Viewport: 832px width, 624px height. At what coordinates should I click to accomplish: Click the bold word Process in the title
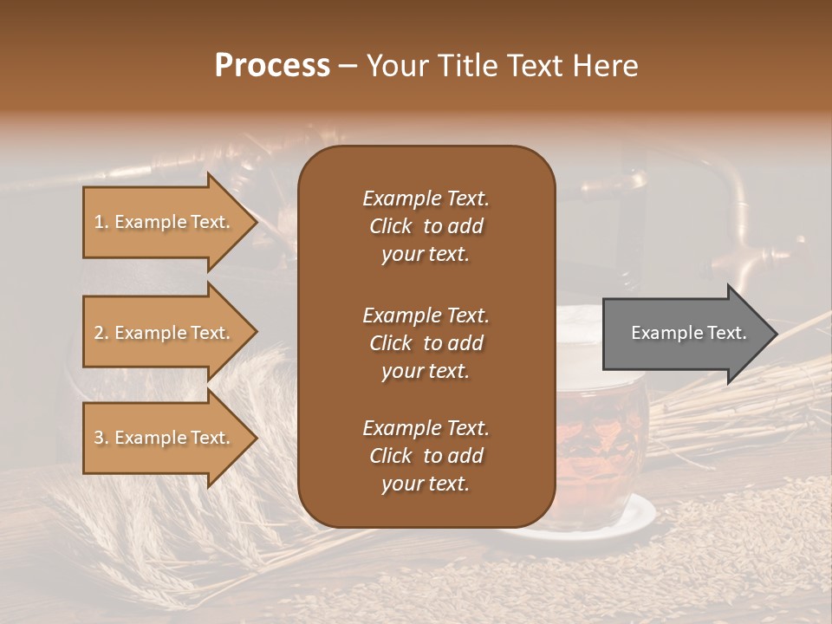point(272,65)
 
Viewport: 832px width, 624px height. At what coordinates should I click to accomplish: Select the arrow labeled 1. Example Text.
point(165,222)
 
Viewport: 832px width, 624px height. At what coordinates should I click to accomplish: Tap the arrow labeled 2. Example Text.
point(165,333)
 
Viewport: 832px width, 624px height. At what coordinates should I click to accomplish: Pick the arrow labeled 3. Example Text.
point(165,438)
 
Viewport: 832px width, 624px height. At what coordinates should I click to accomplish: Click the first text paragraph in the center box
point(426,226)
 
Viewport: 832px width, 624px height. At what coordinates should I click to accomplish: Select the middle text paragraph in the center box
point(426,342)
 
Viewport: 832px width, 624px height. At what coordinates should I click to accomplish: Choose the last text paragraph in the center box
point(426,456)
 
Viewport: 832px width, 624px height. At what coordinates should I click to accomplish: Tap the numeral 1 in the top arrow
point(99,222)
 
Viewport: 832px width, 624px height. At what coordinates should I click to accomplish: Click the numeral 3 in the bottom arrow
point(99,438)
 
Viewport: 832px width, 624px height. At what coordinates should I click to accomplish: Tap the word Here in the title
point(607,65)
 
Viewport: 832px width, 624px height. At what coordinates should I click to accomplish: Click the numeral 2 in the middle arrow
point(99,333)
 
